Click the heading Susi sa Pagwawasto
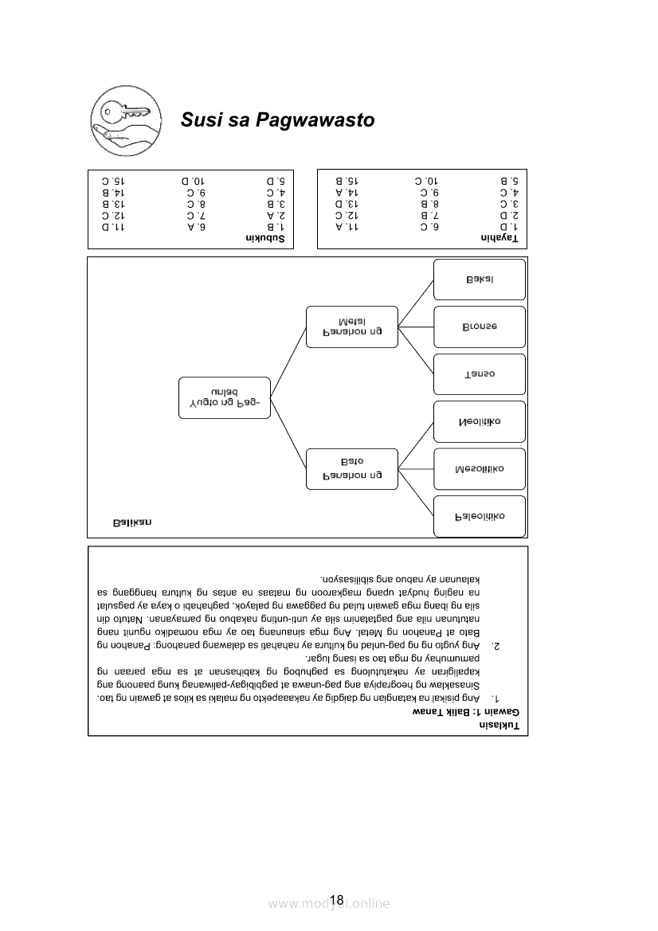pyautogui.click(x=277, y=120)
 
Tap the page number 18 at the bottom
pyautogui.click(x=336, y=900)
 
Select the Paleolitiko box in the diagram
pyautogui.click(x=480, y=516)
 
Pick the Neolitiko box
pyautogui.click(x=480, y=421)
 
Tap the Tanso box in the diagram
pyautogui.click(x=480, y=374)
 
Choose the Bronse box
pyautogui.click(x=480, y=327)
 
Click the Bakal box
pyautogui.click(x=480, y=279)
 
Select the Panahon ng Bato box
pyautogui.click(x=352, y=468)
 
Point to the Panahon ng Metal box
pyautogui.click(x=352, y=326)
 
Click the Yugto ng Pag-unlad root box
pyautogui.click(x=225, y=397)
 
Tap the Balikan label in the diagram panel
pyautogui.click(x=132, y=522)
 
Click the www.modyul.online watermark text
pyautogui.click(x=329, y=903)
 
